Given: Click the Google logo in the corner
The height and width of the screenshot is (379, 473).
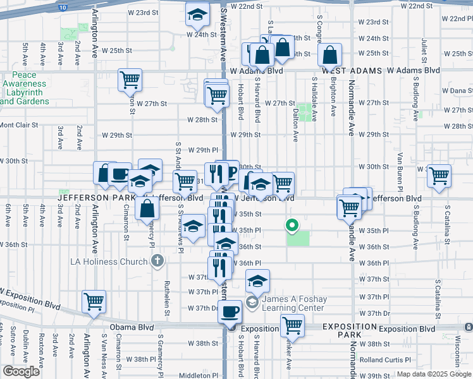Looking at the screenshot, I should point(21,371).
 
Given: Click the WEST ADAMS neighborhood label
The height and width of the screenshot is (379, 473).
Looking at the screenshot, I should point(345,71).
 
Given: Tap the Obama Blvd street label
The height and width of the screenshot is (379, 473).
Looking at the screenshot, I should point(132,327).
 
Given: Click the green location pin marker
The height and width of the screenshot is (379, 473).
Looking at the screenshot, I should point(292,225).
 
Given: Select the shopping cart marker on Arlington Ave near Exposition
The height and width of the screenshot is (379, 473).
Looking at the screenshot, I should point(94,301).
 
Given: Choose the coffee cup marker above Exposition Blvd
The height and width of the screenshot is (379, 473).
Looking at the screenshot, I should point(231,311).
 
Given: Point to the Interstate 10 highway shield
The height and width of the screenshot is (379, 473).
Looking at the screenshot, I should point(60,6).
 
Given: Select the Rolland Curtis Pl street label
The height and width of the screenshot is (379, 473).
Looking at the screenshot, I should point(384,359).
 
